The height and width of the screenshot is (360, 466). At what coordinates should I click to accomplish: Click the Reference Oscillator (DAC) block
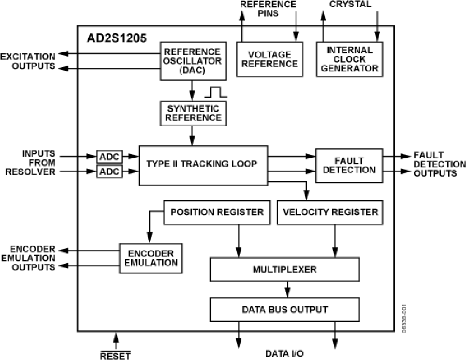[192, 61]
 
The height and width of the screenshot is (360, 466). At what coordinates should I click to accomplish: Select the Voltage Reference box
[269, 59]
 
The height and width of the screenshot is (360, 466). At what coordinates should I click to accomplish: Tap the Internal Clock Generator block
[349, 59]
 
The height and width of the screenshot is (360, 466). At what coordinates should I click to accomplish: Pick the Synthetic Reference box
[193, 113]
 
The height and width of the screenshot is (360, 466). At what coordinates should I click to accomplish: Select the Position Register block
[217, 212]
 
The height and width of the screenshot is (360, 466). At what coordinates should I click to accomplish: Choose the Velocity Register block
[330, 212]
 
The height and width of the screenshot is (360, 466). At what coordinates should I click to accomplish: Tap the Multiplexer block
[284, 269]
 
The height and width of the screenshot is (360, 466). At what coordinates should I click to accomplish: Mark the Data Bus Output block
[284, 310]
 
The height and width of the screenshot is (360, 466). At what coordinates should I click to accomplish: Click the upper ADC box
[109, 156]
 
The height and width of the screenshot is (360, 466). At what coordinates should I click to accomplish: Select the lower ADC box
[109, 171]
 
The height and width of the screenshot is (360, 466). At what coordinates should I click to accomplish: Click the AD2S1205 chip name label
[116, 38]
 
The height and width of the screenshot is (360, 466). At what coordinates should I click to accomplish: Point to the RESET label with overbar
[115, 355]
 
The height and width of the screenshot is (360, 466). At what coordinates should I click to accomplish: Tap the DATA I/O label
[284, 354]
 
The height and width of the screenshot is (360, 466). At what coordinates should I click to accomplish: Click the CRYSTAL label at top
[351, 4]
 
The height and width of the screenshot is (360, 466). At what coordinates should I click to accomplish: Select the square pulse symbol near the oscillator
[215, 93]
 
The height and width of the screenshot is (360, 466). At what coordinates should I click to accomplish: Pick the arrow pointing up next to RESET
[115, 340]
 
